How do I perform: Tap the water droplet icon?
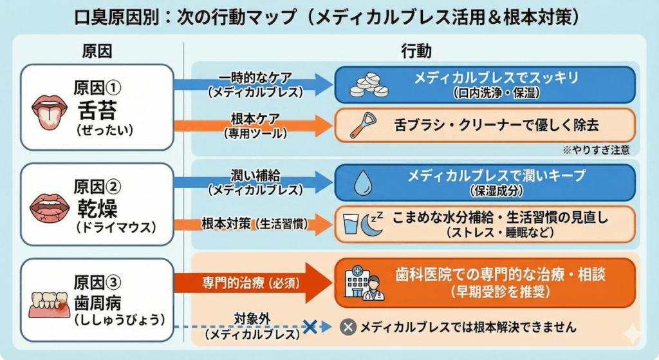pos(362,182)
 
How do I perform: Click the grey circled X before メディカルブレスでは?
pos(348,327)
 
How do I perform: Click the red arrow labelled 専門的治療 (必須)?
pos(251,282)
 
